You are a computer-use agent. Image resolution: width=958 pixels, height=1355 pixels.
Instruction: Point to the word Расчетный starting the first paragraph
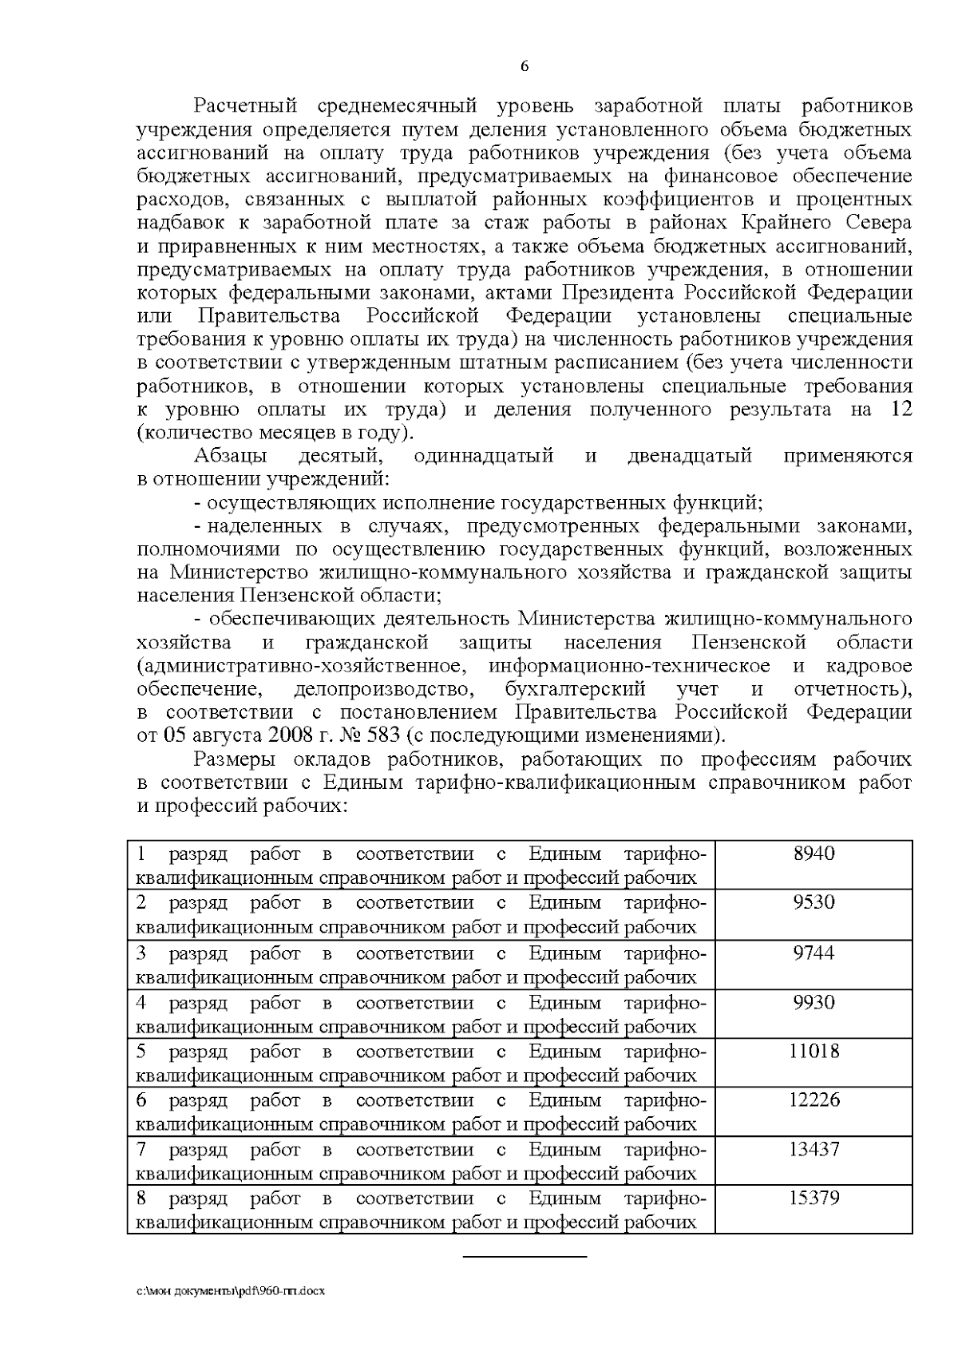246,106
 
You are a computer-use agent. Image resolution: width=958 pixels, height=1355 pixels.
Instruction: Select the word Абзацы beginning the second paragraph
231,457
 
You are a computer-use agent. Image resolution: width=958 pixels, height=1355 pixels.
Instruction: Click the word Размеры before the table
237,759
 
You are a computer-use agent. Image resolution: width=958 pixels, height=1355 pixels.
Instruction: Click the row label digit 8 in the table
141,1199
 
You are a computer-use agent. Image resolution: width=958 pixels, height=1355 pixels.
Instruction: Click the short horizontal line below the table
525,1258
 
